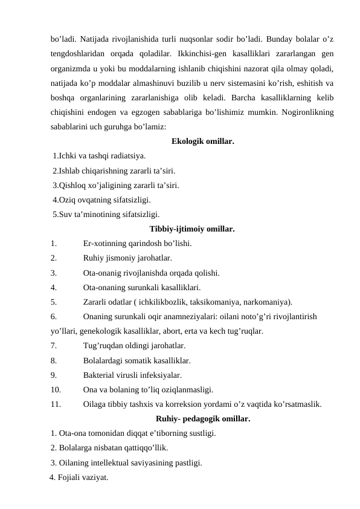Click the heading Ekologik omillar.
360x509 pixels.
203,142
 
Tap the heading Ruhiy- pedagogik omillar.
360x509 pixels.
203,418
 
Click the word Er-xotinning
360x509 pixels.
107,244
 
